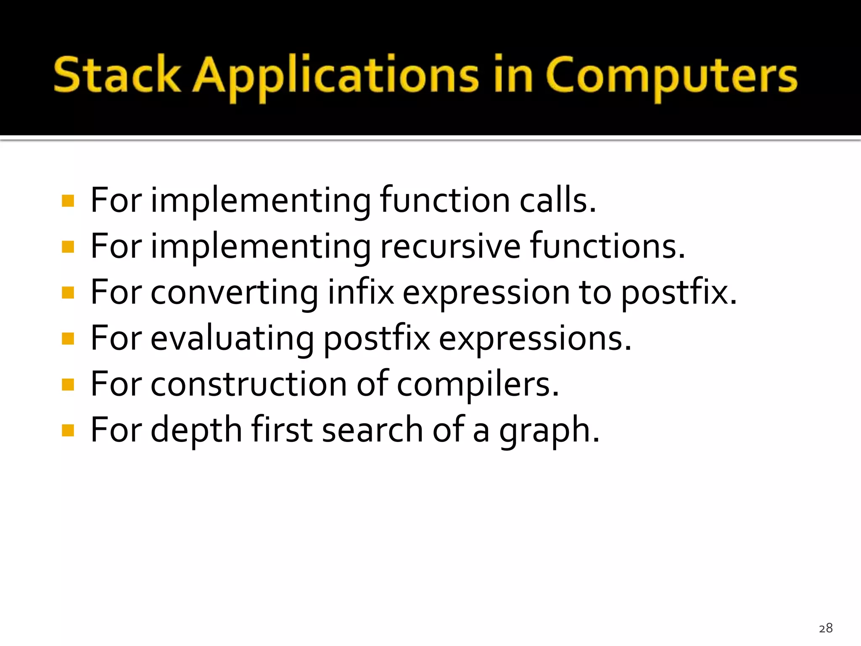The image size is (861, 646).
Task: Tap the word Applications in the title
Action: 336,77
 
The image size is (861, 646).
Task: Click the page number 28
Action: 826,628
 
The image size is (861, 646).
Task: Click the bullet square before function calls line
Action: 68,201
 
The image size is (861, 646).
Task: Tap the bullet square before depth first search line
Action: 68,431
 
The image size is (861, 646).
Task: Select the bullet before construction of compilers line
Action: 68,384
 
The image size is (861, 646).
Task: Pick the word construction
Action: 248,384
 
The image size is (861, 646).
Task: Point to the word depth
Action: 196,431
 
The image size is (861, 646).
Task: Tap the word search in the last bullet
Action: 372,430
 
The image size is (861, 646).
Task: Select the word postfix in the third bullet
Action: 678,294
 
